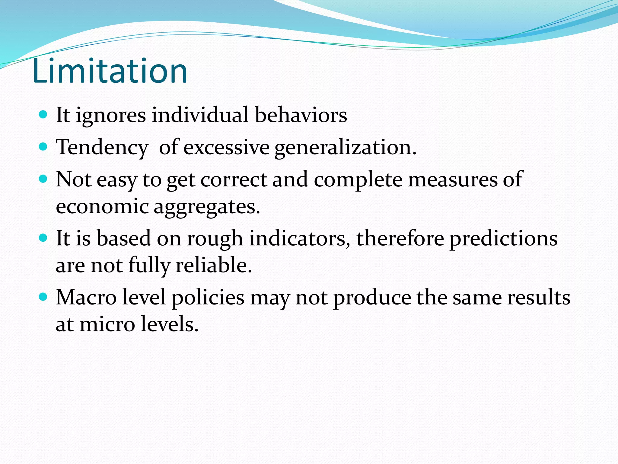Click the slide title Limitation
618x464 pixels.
[x=110, y=71]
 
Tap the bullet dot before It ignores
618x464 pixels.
[x=43, y=114]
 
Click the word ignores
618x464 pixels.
[x=111, y=116]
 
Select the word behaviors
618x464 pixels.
[x=301, y=115]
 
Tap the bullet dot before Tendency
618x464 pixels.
[x=43, y=147]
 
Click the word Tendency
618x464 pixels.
[x=102, y=148]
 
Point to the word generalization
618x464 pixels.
[x=345, y=148]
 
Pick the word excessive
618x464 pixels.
[x=226, y=148]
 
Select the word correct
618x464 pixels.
[x=234, y=180]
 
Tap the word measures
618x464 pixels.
[x=453, y=180]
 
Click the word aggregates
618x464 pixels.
[x=207, y=207]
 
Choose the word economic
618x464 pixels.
[x=102, y=207]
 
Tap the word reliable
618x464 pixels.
[x=213, y=265]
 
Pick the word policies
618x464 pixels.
[x=208, y=298]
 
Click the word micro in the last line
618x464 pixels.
[x=107, y=324]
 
